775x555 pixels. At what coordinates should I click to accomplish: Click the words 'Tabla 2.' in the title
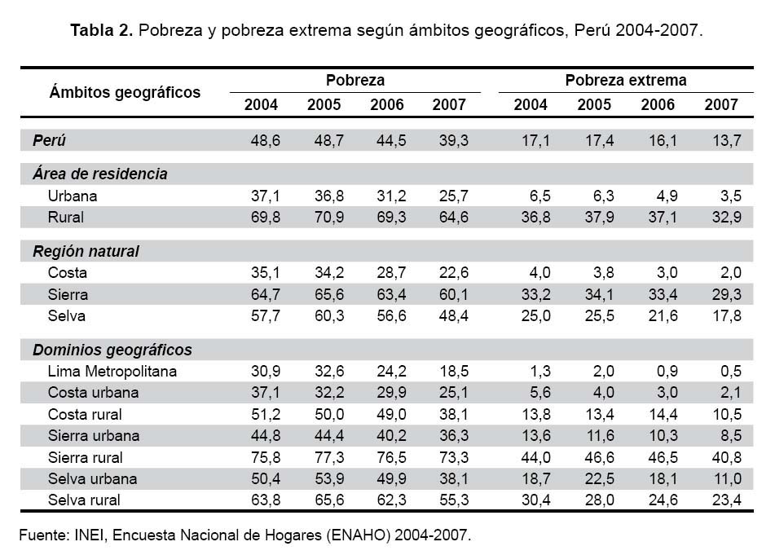click(x=101, y=31)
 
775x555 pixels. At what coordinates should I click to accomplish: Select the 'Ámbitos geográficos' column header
click(x=125, y=92)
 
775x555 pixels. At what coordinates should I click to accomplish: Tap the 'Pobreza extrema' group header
click(x=625, y=81)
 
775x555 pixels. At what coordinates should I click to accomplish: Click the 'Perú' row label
click(x=49, y=140)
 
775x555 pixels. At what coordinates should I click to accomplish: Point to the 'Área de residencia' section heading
click(x=100, y=174)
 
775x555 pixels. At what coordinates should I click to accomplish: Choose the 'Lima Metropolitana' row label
click(x=112, y=372)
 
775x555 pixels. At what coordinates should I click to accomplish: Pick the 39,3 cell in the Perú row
click(x=452, y=140)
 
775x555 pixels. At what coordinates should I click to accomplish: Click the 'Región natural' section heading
click(x=86, y=251)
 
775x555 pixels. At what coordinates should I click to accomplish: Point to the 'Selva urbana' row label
click(x=93, y=478)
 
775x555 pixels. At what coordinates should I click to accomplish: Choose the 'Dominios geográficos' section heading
click(x=112, y=350)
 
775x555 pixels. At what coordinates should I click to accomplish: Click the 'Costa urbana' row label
click(x=93, y=393)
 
